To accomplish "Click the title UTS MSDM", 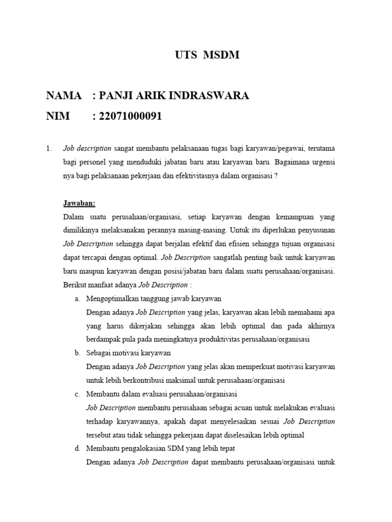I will click(x=207, y=56).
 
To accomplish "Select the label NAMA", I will click(x=64, y=96).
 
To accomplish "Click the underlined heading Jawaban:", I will click(x=79, y=203).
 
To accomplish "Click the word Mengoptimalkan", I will click(x=111, y=299).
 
